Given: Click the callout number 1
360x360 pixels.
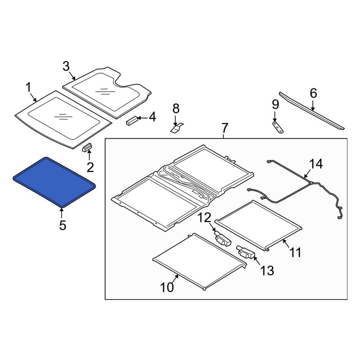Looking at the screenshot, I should click(28, 87).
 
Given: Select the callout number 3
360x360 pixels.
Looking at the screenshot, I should click(66, 66).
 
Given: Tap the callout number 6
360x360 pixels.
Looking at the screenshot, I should click(313, 94).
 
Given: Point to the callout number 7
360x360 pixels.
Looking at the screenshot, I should click(224, 128).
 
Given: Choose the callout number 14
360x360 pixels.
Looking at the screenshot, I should click(316, 164).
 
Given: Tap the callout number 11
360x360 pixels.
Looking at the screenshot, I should click(295, 252).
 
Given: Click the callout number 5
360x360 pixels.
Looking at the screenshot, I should click(62, 225).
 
